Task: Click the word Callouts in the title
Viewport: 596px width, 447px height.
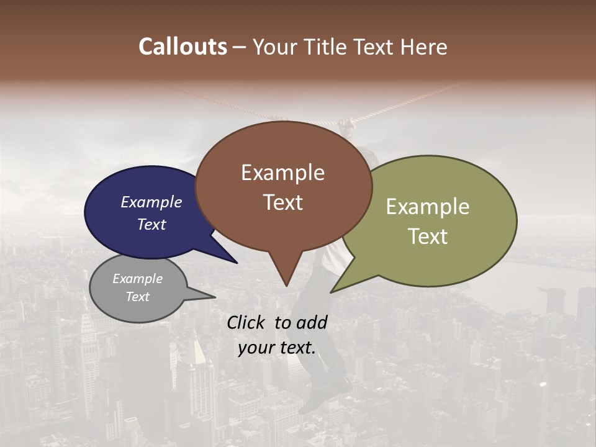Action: coord(183,47)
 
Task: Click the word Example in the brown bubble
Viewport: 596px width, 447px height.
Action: coord(282,173)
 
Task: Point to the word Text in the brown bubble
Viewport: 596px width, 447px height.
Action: coord(282,202)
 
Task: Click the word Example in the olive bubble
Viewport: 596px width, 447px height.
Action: coord(428,207)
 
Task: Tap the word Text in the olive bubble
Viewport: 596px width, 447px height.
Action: coord(428,237)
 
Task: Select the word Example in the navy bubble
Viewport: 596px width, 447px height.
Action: coord(151,202)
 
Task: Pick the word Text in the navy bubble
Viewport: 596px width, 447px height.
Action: coord(151,224)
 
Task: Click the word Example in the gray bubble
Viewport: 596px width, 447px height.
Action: coord(137,279)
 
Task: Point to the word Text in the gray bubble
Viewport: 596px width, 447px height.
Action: coord(137,297)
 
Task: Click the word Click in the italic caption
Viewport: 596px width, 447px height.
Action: coord(246,322)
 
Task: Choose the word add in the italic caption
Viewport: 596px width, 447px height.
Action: coord(312,322)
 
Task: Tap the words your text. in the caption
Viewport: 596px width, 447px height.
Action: coord(277,348)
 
